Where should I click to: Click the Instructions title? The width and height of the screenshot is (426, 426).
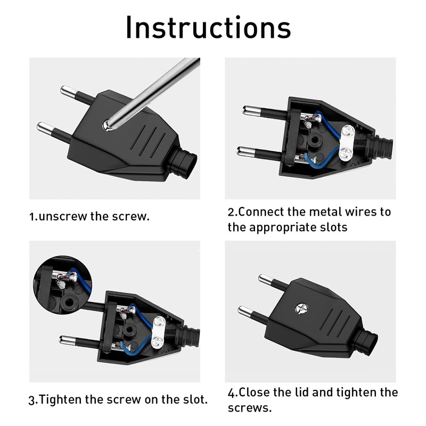pyautogui.click(x=208, y=28)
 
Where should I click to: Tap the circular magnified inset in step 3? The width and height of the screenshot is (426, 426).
pyautogui.click(x=63, y=284)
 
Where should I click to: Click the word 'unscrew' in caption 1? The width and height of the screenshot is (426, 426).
pyautogui.click(x=62, y=217)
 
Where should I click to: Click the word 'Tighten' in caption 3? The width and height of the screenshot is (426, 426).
pyautogui.click(x=60, y=400)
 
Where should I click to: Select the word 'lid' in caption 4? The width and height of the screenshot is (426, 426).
pyautogui.click(x=302, y=392)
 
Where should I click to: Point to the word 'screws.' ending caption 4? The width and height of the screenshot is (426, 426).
pyautogui.click(x=250, y=408)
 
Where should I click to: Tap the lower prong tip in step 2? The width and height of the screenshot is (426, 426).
pyautogui.click(x=242, y=151)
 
